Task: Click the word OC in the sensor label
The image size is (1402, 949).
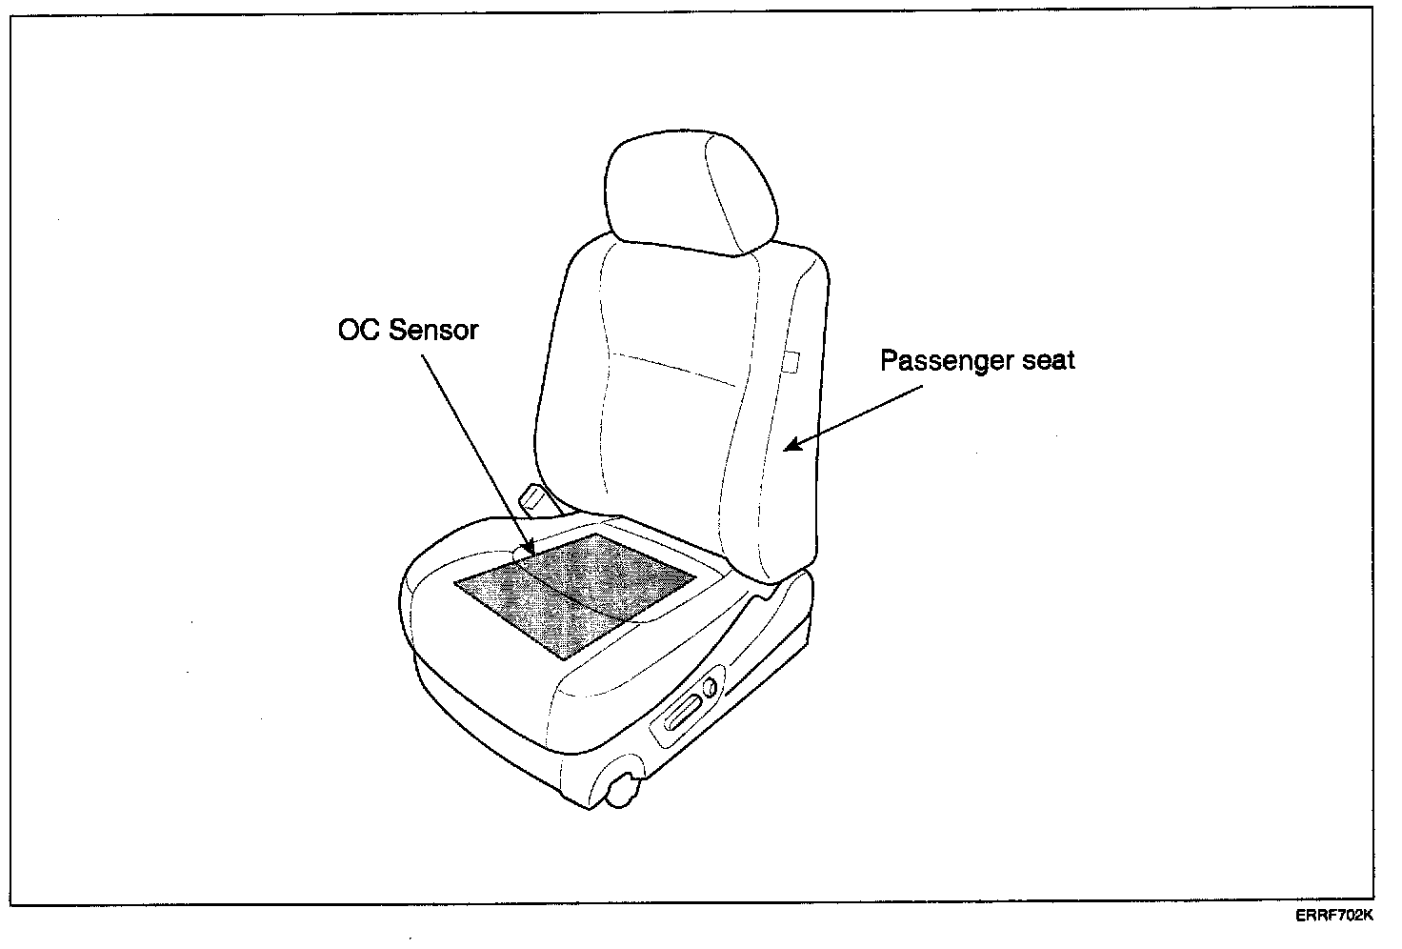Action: click(x=357, y=331)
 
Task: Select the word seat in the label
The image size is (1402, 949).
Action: click(x=1045, y=361)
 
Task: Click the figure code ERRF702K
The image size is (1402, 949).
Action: click(x=1333, y=916)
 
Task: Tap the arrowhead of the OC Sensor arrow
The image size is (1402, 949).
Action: click(x=531, y=549)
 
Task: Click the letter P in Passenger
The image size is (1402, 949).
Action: click(x=887, y=361)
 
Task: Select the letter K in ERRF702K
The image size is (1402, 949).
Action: click(x=1367, y=916)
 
